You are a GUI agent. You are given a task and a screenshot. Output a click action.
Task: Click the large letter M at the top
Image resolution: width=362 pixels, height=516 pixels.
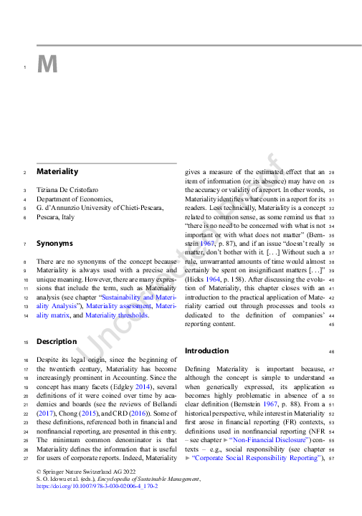pyautogui.click(x=47, y=65)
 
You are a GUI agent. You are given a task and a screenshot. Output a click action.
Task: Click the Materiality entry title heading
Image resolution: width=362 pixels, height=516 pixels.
pyautogui.click(x=57, y=172)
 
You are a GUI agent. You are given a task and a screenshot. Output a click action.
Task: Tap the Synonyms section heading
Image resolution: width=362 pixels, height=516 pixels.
pyautogui.click(x=56, y=244)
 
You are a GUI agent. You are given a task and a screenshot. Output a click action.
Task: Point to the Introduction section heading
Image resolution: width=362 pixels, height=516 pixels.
pyautogui.click(x=206, y=351)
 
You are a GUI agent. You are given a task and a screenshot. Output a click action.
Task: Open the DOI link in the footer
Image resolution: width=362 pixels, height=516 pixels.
pyautogui.click(x=97, y=485)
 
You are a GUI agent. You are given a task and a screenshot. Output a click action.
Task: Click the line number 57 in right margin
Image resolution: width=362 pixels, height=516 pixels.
pyautogui.click(x=332, y=458)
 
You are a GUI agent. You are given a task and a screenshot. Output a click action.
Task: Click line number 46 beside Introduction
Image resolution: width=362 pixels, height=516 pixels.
pyautogui.click(x=332, y=352)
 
